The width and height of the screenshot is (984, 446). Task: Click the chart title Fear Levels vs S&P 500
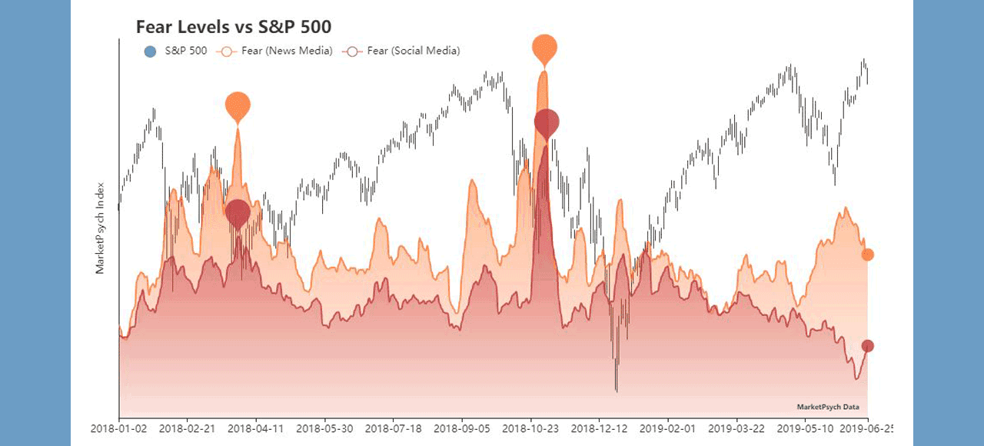pos(234,27)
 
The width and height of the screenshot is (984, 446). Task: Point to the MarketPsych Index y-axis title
pos(99,228)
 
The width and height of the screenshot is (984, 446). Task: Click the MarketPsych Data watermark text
pos(828,408)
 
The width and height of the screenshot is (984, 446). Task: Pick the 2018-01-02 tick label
pos(119,428)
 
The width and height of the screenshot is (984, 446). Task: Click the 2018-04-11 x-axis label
pos(257,428)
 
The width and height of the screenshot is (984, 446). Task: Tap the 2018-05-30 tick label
pos(325,428)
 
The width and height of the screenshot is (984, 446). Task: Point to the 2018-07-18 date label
pos(394,428)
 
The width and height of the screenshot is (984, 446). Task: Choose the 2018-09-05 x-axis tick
pos(462,428)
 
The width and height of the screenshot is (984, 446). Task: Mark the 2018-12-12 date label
pos(600,428)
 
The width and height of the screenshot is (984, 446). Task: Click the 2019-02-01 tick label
pos(668,428)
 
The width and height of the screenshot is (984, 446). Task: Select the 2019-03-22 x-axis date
pos(736,428)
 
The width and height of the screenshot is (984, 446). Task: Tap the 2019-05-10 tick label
pos(805,428)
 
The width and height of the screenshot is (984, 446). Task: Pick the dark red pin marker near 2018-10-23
pos(547,121)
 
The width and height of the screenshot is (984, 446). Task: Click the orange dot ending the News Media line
pos(867,255)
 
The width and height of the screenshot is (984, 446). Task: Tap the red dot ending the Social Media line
pos(867,346)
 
